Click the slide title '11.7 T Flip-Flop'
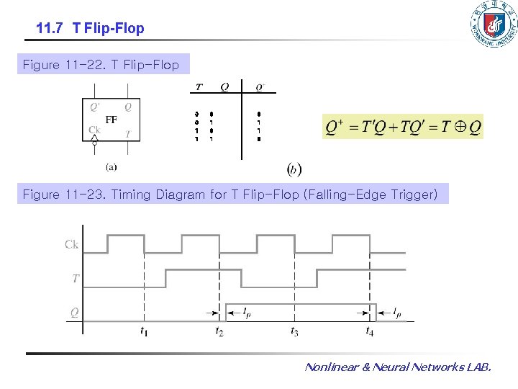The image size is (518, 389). pos(90,29)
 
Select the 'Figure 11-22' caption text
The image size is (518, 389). pos(101,65)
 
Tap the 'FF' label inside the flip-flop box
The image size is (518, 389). pos(112,120)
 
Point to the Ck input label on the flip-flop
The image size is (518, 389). pos(94,130)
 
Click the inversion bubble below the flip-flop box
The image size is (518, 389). pos(94,144)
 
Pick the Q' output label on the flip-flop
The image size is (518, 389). pos(95,107)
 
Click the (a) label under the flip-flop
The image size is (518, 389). pos(112,166)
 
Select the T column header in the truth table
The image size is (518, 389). pos(199,87)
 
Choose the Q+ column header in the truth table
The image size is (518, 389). pos(260,88)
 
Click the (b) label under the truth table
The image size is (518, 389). pos(294,169)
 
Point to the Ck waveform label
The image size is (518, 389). pos(71,245)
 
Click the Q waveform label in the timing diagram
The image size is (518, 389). pos(74,312)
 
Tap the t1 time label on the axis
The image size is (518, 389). pos(145,332)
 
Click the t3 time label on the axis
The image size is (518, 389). pos(294,332)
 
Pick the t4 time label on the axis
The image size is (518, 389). pos(369,332)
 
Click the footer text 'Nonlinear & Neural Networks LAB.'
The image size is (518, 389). pos(398,367)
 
